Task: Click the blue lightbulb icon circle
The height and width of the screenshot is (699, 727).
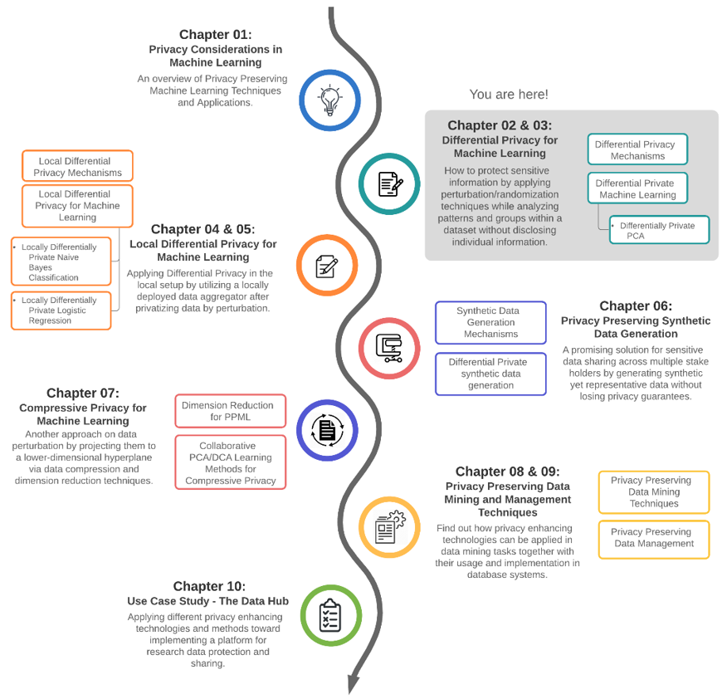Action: click(x=330, y=100)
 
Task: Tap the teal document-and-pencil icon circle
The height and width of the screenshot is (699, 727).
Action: click(x=390, y=183)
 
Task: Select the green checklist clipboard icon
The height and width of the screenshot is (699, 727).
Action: click(x=330, y=615)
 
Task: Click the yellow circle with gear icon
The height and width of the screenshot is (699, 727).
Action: click(x=389, y=526)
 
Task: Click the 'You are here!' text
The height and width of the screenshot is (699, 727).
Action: click(x=509, y=95)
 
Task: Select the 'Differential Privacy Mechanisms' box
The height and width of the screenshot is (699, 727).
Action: click(x=637, y=150)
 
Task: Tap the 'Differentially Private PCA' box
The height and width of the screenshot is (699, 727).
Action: click(x=658, y=230)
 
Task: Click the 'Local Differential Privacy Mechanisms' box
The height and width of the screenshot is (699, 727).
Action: click(x=77, y=166)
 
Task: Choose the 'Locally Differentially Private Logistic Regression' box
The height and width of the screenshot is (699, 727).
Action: click(x=61, y=310)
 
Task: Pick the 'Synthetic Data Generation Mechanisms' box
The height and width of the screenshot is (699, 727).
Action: click(x=490, y=322)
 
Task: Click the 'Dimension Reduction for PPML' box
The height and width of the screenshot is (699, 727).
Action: click(x=230, y=411)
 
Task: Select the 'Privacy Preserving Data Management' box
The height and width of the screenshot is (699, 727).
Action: click(x=653, y=538)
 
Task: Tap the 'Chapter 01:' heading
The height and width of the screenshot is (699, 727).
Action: click(x=215, y=34)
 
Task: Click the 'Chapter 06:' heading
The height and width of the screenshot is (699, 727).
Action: click(x=636, y=306)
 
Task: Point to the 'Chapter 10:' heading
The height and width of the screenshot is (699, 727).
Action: click(x=209, y=586)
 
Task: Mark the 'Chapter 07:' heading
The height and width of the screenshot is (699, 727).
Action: click(x=83, y=393)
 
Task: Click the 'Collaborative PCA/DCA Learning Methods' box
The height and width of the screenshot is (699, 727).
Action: click(x=230, y=462)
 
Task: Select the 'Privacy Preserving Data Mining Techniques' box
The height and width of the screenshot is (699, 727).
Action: click(x=653, y=491)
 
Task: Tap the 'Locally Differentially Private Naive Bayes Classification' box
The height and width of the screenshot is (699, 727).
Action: click(x=61, y=262)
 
